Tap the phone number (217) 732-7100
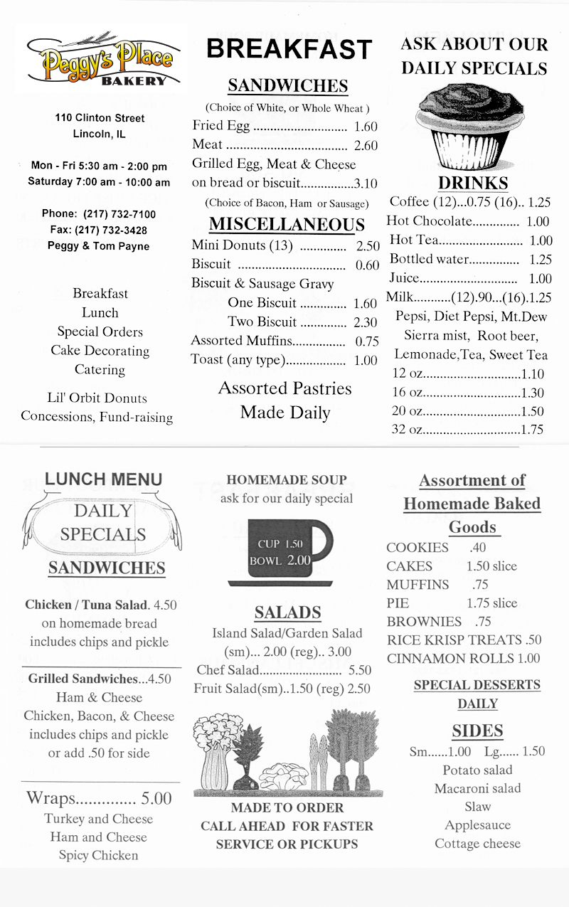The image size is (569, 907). [x=119, y=214]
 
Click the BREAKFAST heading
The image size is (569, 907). [x=289, y=49]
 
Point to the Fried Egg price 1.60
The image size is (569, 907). [x=366, y=127]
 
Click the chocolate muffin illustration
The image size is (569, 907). [x=472, y=129]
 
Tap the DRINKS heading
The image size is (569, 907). [x=473, y=183]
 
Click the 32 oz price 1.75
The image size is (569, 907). [x=532, y=430]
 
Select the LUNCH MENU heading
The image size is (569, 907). [x=103, y=479]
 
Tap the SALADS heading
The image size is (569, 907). [x=287, y=612]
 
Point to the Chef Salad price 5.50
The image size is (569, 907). [x=360, y=670]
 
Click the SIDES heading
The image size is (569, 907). [x=477, y=731]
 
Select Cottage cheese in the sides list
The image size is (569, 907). [x=477, y=844]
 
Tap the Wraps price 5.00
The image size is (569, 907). [x=156, y=798]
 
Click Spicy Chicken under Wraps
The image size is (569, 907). [x=98, y=856]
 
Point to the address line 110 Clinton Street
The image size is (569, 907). [x=100, y=118]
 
